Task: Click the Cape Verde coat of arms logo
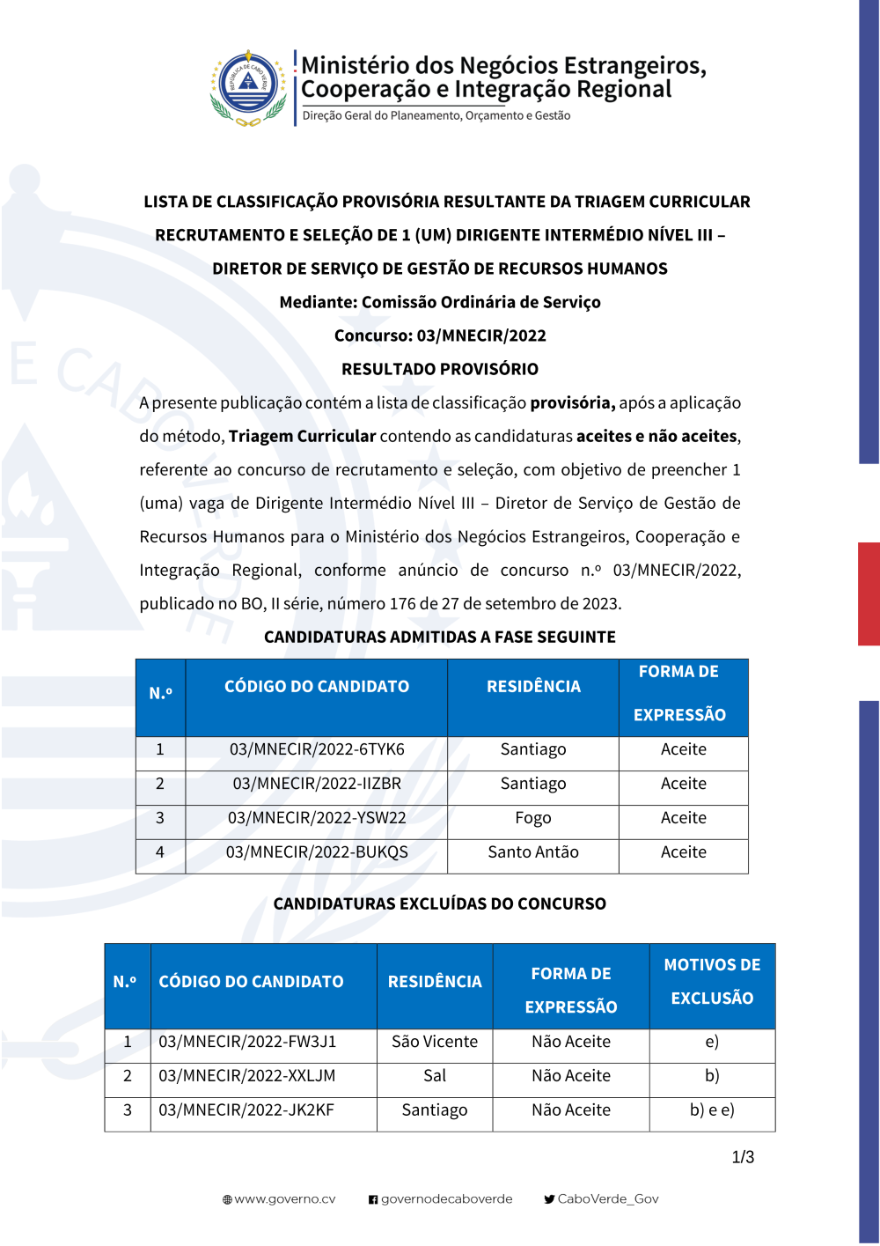[249, 88]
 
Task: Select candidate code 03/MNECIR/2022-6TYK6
[317, 749]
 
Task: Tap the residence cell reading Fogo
[533, 818]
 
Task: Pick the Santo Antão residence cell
[533, 852]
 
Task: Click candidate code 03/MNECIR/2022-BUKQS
[317, 852]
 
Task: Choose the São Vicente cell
[435, 1042]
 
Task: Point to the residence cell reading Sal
[435, 1076]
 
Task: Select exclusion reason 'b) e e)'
[712, 1110]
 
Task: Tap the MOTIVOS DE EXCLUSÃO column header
[712, 982]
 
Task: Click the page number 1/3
[743, 1157]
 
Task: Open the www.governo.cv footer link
[280, 1199]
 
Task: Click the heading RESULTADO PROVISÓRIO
[440, 369]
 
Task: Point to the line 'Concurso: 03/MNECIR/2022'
[440, 335]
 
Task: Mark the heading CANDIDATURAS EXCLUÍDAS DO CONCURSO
[440, 903]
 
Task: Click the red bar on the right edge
[869, 594]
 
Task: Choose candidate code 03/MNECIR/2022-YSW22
[317, 818]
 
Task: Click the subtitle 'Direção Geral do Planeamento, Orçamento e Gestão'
[436, 115]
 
